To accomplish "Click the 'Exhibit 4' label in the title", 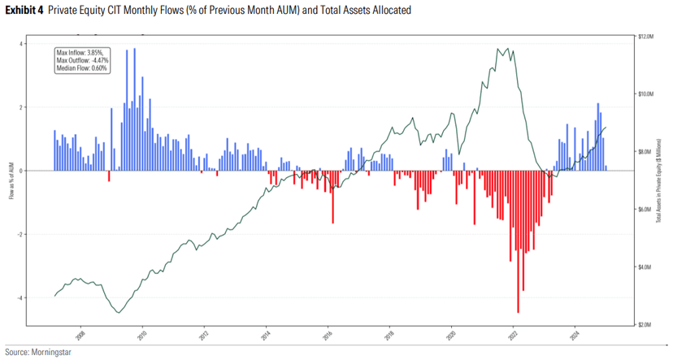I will pyautogui.click(x=23, y=11).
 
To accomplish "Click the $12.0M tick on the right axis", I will pyautogui.click(x=646, y=37).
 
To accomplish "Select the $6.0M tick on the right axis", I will pyautogui.click(x=645, y=209).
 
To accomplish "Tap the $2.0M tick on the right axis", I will pyautogui.click(x=645, y=324).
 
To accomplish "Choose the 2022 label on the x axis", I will pyautogui.click(x=514, y=333).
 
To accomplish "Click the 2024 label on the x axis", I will pyautogui.click(x=575, y=333).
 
